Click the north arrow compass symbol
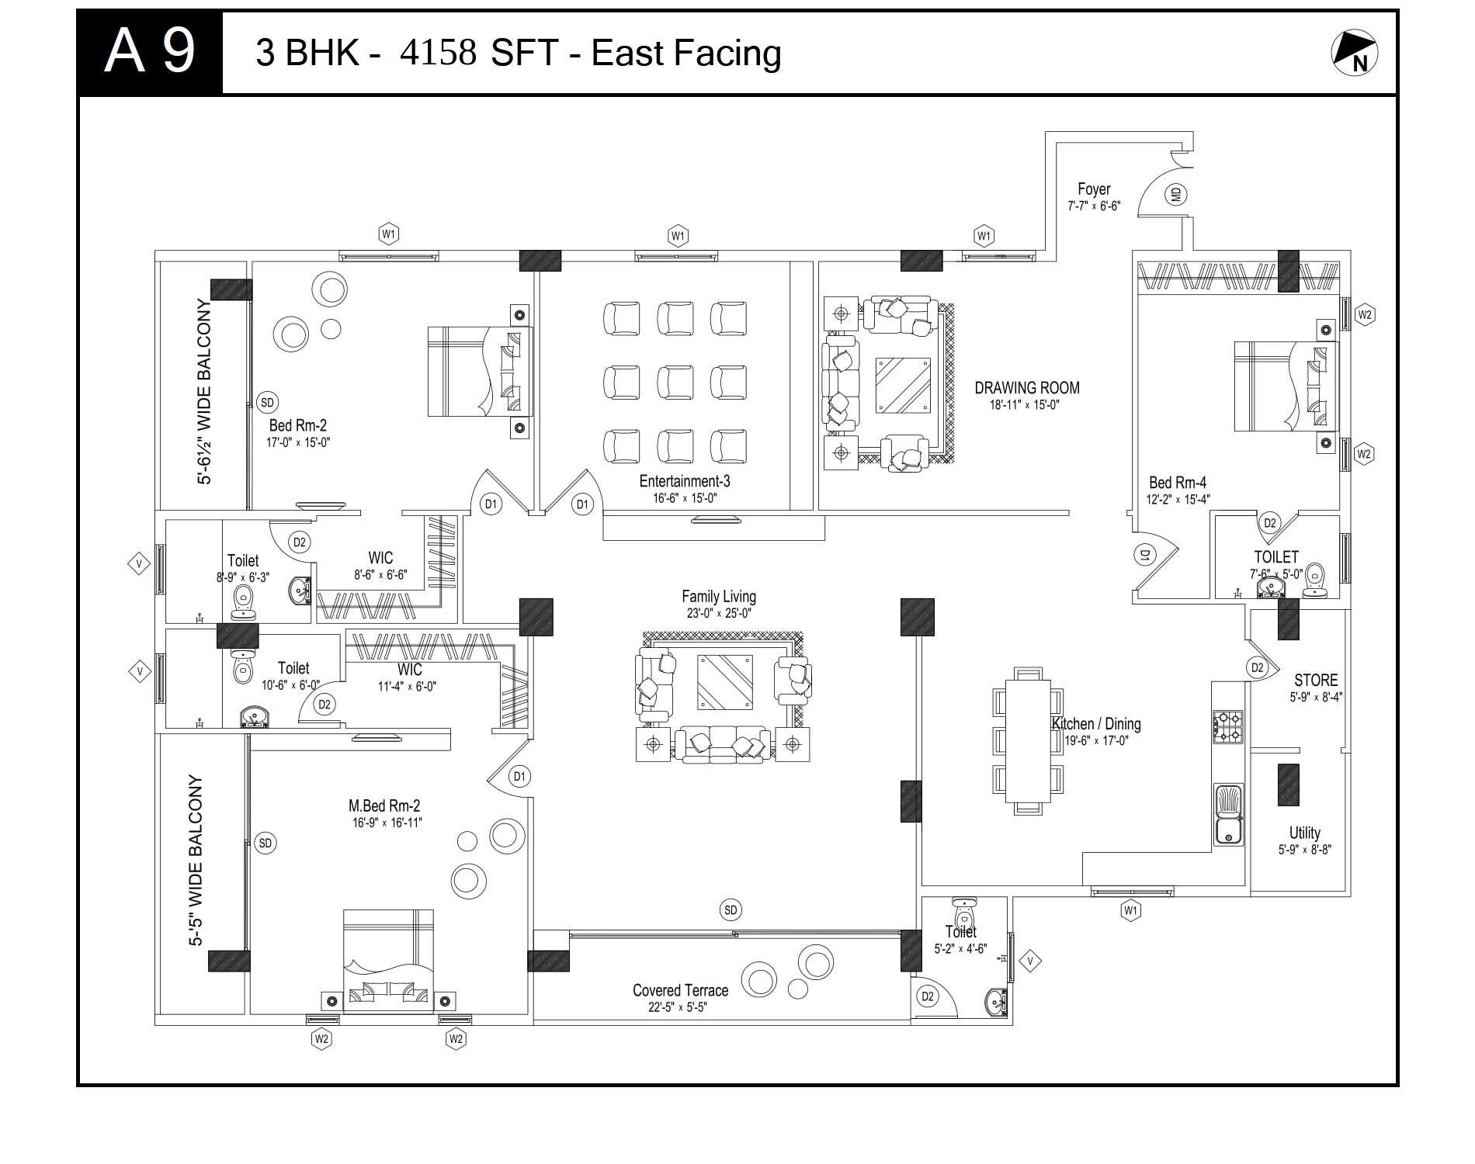1355,53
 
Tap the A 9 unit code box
150,53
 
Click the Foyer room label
1094,189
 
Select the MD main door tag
1176,194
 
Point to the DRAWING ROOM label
1027,387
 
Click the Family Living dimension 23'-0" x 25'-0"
719,613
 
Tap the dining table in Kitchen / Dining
1028,741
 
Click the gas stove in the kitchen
1228,726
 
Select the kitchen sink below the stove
1228,814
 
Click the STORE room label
1316,680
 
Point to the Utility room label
1305,832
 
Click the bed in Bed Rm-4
1286,386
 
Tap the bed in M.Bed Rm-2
388,961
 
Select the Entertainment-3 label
685,481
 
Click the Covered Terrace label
680,990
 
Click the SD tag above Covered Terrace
731,910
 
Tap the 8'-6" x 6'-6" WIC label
380,575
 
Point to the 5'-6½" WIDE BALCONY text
203,392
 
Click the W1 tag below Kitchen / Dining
1131,910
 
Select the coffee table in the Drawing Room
903,385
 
